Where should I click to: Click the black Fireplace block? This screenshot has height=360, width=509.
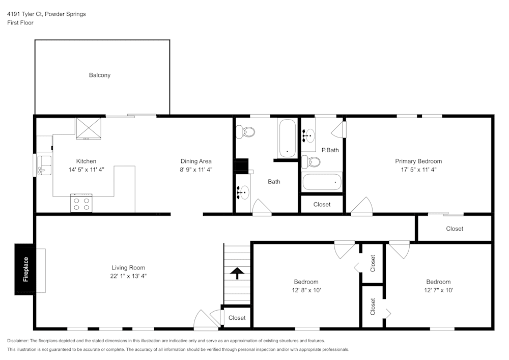click(25, 269)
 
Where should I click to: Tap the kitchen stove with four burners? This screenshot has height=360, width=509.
click(81, 203)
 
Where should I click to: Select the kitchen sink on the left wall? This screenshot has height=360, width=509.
click(44, 164)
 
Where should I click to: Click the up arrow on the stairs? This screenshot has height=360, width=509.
click(237, 273)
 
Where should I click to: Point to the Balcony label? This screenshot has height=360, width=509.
click(100, 75)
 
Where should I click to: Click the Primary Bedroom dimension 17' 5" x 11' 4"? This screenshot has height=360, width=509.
click(418, 170)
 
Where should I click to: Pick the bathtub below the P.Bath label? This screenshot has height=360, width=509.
click(322, 182)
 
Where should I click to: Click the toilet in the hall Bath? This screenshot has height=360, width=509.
click(246, 132)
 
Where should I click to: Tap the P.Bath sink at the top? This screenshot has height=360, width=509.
click(308, 135)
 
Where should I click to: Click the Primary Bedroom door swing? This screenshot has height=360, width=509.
click(362, 206)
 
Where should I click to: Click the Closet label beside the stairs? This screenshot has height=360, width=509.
click(237, 318)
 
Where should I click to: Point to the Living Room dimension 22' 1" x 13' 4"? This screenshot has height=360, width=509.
click(128, 276)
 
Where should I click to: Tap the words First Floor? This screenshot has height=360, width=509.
click(20, 23)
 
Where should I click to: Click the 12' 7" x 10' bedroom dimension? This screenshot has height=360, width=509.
click(438, 290)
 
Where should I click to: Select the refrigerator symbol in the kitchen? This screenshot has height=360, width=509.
click(88, 128)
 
